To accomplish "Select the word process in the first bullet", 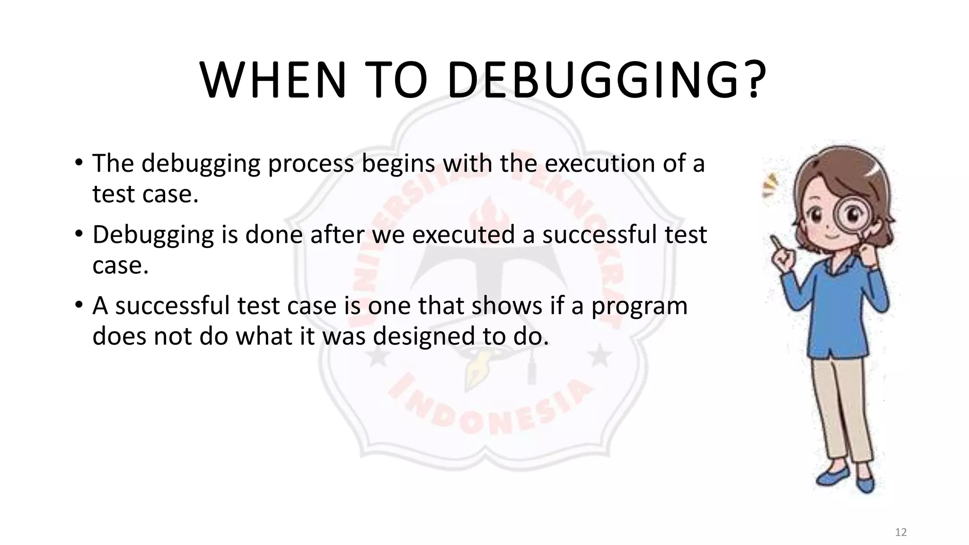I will pos(311,164).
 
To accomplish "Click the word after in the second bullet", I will pos(337,235).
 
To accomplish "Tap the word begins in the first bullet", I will pos(398,164).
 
